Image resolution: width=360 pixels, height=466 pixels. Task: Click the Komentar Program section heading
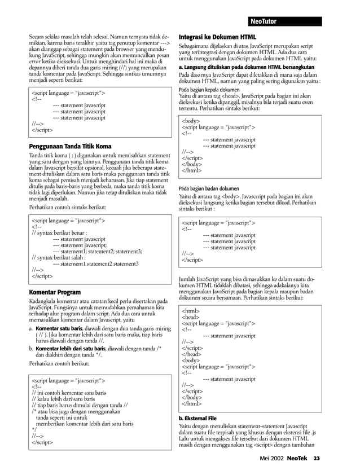point(54,292)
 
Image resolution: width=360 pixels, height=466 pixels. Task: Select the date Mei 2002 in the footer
point(266,458)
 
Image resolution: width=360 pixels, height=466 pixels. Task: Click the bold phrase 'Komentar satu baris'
point(59,328)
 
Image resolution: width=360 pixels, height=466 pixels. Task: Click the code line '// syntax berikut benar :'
point(59,232)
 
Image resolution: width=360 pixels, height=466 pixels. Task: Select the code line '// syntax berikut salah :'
point(58,257)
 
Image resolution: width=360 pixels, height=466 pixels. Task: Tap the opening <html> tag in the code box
point(190,311)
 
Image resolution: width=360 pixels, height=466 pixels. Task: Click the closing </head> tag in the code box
point(192,355)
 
